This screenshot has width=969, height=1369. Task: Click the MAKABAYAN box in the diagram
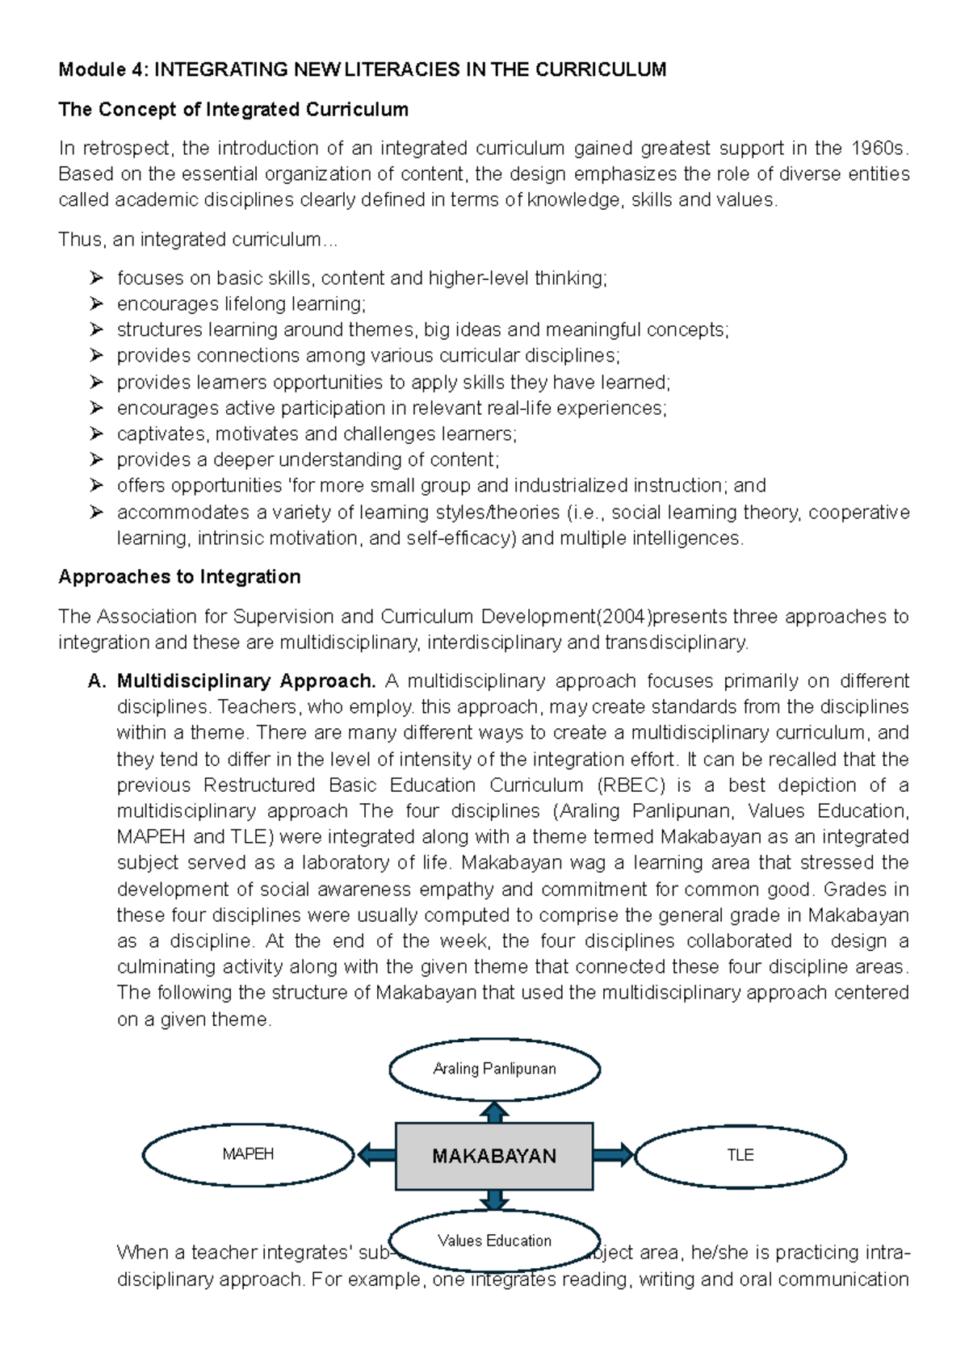coord(494,1156)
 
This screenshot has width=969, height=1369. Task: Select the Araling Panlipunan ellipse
coord(494,1069)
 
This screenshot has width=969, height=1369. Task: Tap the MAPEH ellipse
coord(248,1154)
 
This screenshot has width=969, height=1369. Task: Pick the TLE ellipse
coord(740,1155)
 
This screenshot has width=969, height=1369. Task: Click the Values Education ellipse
coord(494,1241)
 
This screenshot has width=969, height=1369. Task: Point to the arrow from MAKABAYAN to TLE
coord(613,1155)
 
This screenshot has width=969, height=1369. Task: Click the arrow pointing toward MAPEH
coord(375,1155)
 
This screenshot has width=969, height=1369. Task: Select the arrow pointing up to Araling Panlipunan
coord(494,1112)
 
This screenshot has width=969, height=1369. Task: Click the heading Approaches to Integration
coord(179,576)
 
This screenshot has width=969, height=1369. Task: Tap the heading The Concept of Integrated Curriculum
coord(233,109)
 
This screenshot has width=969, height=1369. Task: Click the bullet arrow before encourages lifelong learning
coord(96,304)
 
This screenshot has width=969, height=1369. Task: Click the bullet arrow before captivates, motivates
coord(96,433)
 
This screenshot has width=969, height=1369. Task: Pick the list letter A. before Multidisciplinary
coord(97,680)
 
